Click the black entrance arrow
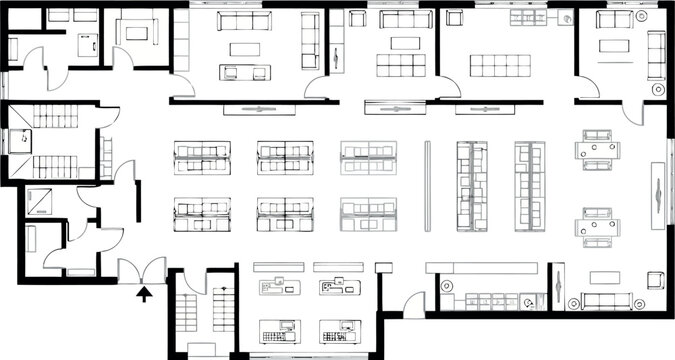(143, 293)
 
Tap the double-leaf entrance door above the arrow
(143, 270)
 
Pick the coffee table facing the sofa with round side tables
(603, 277)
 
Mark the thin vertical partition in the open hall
(428, 186)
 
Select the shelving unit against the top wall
(526, 18)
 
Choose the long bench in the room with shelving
(500, 65)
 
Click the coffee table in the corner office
(611, 45)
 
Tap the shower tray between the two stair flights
(21, 142)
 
